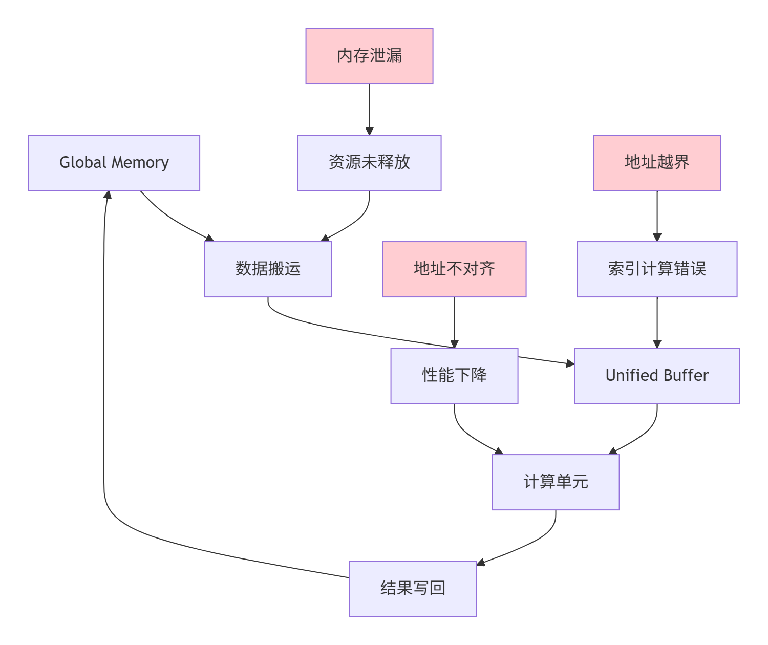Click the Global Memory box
pos(114,163)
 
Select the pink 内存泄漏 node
pos(369,56)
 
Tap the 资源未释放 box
pos(369,163)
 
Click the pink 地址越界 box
pos(657,163)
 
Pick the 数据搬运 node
pos(268,269)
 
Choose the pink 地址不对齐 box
pos(454,269)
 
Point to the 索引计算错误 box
pos(657,269)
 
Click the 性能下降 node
pos(454,376)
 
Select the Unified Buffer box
pos(657,376)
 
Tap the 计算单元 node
pos(556,482)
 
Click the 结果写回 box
pos(413,589)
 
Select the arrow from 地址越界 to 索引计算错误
pos(657,215)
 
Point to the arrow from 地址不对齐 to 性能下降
pos(454,321)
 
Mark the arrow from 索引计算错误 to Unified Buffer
pos(657,321)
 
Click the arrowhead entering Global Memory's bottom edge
pos(107,195)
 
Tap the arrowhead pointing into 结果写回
pos(481,563)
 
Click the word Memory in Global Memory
pos(140,163)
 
